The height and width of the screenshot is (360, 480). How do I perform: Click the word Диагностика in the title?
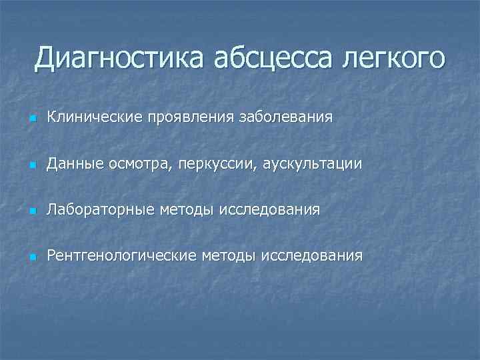tap(121, 58)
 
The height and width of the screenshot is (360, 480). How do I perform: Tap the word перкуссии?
tap(218, 164)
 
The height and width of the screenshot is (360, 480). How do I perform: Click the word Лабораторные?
tap(100, 210)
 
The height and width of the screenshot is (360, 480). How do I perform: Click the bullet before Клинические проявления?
tap(32, 119)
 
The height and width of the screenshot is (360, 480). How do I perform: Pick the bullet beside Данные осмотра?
tap(32, 165)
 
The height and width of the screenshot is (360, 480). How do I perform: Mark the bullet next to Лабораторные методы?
tap(32, 211)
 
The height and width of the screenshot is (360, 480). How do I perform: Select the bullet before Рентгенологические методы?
tap(32, 257)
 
